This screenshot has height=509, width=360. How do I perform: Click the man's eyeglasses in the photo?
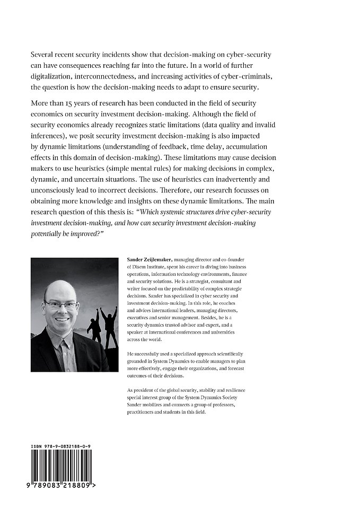click(x=61, y=303)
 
